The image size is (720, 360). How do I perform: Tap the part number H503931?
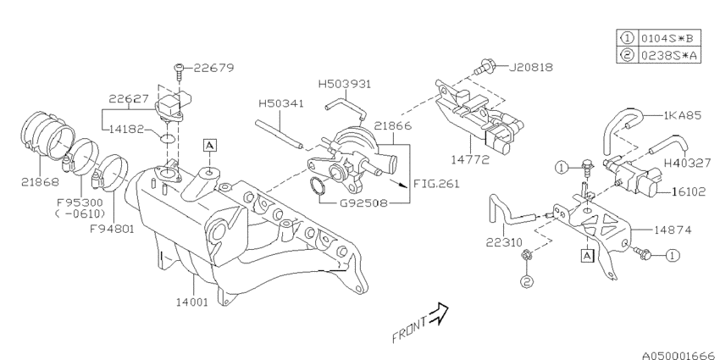345,84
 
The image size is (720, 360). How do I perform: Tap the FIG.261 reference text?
435,181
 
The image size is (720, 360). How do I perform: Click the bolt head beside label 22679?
180,66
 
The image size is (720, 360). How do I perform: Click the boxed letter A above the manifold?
208,146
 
